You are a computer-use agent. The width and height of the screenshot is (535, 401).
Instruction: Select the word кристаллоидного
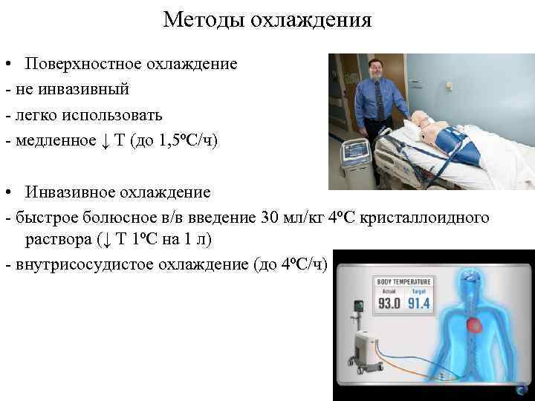[x=424, y=218]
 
